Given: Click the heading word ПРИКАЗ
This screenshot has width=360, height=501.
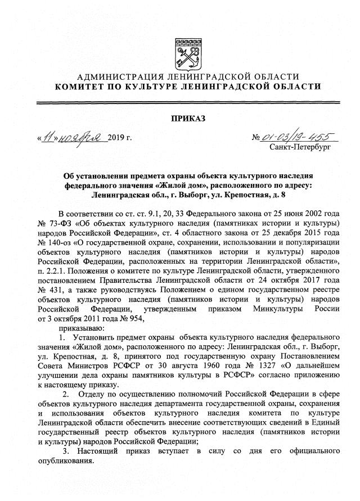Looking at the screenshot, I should [x=186, y=118].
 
